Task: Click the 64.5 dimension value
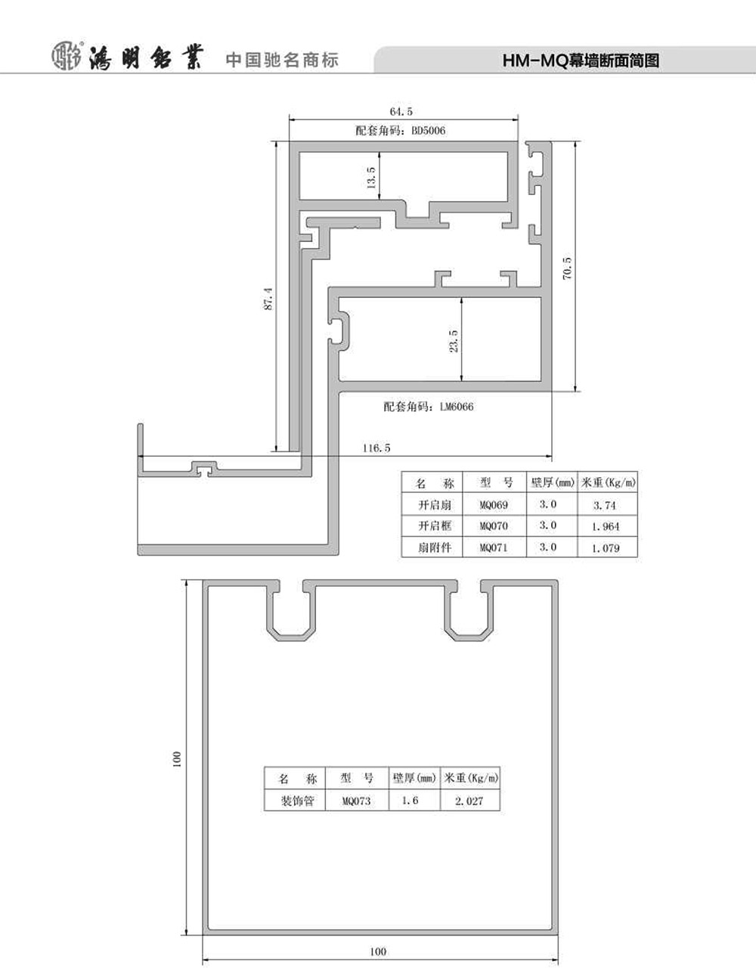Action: click(401, 111)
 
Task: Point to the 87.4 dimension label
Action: click(268, 299)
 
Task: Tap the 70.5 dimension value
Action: click(567, 268)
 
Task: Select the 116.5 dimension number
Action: click(376, 448)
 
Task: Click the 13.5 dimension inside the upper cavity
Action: click(371, 177)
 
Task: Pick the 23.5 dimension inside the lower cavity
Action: click(454, 340)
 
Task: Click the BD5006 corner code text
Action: click(428, 131)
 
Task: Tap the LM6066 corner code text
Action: click(457, 407)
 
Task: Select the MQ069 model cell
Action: click(494, 504)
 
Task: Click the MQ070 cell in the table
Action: click(494, 526)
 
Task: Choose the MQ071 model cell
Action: click(494, 547)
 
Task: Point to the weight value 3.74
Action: click(605, 505)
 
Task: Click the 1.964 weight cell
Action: click(606, 526)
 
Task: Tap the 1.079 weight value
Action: click(606, 548)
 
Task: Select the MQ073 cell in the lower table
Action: click(356, 801)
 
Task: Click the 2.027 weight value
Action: click(469, 801)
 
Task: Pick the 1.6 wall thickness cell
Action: click(410, 801)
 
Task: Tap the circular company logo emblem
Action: click(67, 57)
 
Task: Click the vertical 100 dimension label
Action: click(177, 759)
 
